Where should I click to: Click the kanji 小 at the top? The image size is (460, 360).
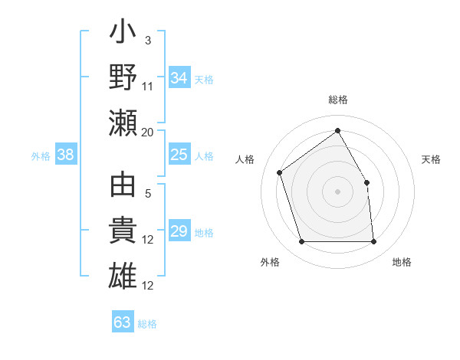[x=123, y=34]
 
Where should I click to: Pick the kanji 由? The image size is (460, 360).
[x=123, y=188]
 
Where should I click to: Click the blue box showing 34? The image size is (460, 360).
[x=179, y=78]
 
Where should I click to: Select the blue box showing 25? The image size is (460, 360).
[x=179, y=155]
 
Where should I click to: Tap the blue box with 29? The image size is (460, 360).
[x=179, y=232]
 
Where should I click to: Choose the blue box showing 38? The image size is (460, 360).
[x=66, y=155]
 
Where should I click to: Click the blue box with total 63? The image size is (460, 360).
[x=123, y=322]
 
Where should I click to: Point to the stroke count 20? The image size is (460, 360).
[x=147, y=132]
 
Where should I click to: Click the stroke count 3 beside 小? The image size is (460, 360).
[x=147, y=40]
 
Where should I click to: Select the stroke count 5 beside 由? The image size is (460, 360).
[x=148, y=194]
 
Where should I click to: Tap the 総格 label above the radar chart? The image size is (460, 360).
[x=337, y=100]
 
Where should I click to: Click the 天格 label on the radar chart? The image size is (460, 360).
[x=432, y=159]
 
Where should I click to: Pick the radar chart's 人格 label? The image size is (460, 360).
[x=245, y=159]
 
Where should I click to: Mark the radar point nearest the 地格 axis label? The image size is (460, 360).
[x=373, y=242]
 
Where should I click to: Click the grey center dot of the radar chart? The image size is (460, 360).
[x=337, y=191]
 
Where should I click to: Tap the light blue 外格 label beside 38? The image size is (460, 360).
[x=41, y=156]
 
